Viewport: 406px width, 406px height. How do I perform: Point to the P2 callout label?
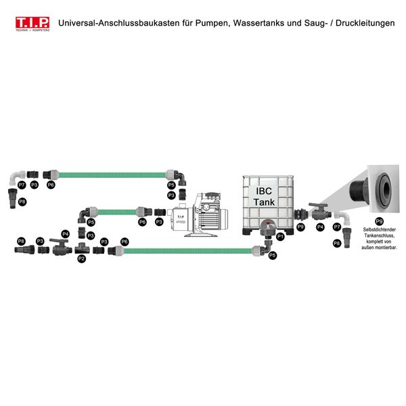(x=82, y=258)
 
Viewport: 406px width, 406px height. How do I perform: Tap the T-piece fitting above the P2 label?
(x=82, y=246)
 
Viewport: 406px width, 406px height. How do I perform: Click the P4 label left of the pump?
(x=66, y=233)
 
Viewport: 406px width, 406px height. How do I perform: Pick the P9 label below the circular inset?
(x=379, y=221)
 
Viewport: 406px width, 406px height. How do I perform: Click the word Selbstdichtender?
(x=379, y=229)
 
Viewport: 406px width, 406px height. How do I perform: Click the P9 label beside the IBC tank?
(x=300, y=227)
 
